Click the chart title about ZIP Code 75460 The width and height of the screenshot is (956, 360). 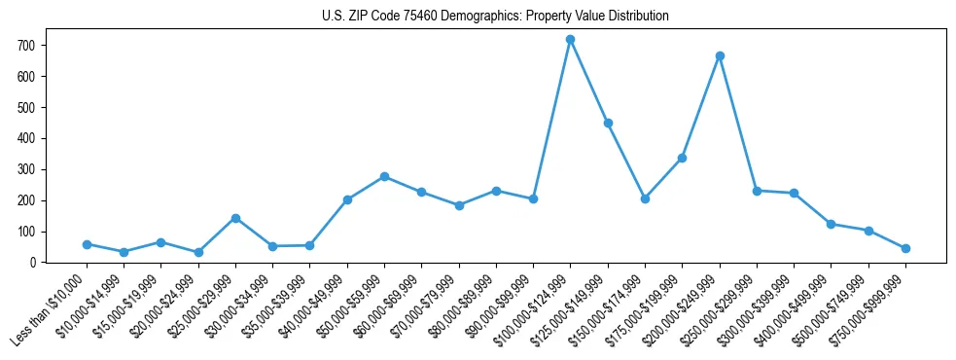[x=495, y=17]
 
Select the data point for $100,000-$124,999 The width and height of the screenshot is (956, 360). [x=571, y=40]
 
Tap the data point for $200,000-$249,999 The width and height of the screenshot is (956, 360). [x=720, y=56]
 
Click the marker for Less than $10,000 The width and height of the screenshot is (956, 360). [x=87, y=244]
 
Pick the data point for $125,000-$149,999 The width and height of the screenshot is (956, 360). [x=608, y=124]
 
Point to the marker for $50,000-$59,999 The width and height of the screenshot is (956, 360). [x=384, y=176]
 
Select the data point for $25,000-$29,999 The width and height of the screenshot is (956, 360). [x=235, y=218]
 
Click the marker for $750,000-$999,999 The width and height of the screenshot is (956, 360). [x=905, y=248]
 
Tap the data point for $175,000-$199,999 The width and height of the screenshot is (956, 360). [x=683, y=158]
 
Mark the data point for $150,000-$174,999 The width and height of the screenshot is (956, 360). [x=645, y=198]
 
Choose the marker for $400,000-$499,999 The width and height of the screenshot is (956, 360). [x=831, y=224]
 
